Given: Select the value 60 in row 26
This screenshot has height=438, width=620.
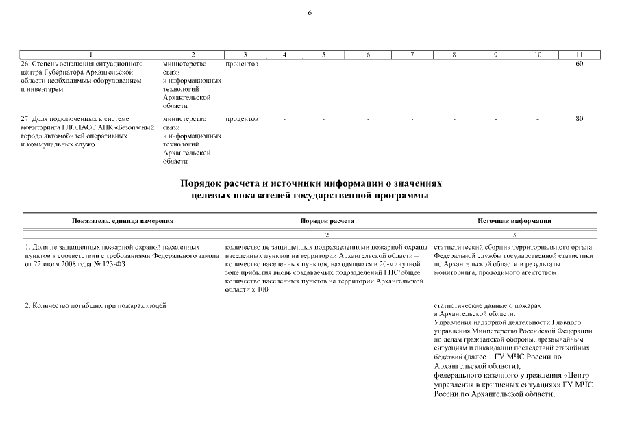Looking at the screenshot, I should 580,64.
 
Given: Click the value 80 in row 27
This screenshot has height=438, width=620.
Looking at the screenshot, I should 580,119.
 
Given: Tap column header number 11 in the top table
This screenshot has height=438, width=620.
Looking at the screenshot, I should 580,54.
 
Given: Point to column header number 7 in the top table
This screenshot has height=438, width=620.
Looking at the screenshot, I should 412,54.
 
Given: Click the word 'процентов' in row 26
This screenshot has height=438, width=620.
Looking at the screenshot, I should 241,64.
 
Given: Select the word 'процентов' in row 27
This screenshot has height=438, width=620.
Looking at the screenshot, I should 241,119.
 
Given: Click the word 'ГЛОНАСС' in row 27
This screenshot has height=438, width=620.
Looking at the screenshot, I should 75,127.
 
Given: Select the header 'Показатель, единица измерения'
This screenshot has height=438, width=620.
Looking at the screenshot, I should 123,221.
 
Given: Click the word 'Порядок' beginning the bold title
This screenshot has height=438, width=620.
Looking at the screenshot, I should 201,184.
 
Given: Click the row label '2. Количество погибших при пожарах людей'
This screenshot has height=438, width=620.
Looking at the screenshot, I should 95,305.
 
